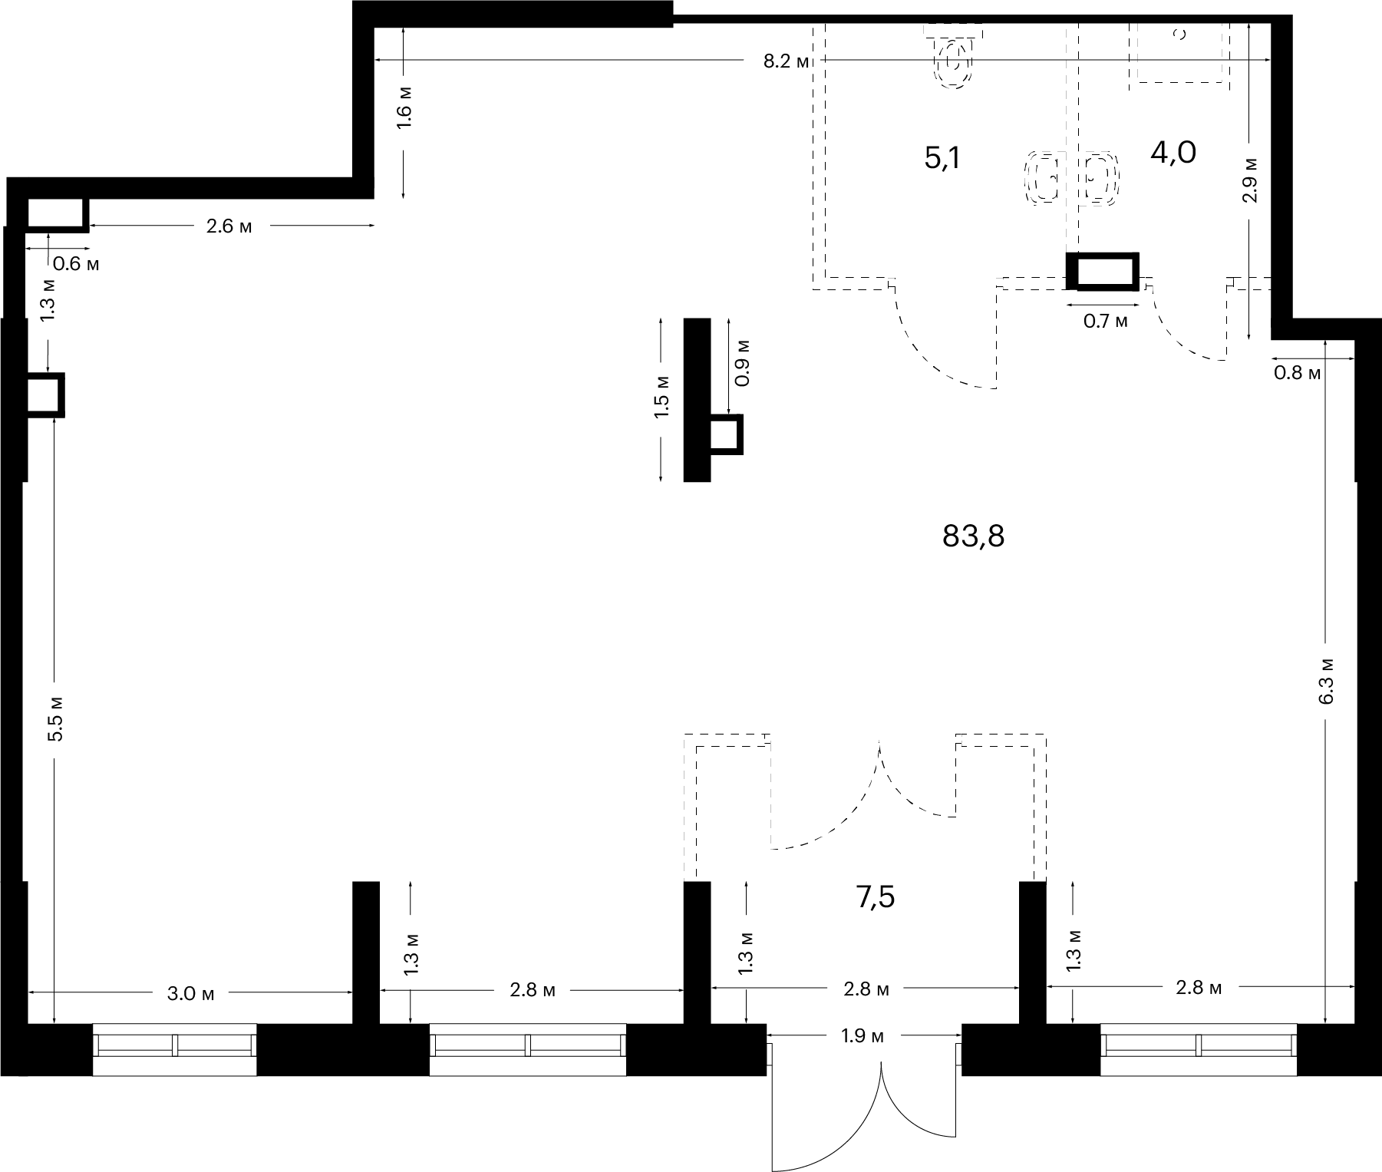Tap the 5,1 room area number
(942, 159)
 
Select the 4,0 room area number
(1173, 154)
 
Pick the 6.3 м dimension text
(1328, 680)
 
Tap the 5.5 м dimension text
(55, 718)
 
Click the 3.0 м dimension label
(191, 994)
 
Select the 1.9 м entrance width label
(863, 1036)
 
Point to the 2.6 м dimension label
(229, 227)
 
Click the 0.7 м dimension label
(1106, 322)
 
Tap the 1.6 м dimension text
(405, 107)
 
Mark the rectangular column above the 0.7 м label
(1103, 272)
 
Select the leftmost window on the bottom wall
(175, 1049)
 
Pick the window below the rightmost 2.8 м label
(1199, 1049)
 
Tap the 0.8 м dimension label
(1298, 374)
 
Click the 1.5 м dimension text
(661, 396)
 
